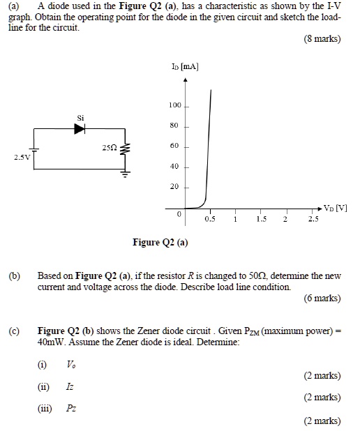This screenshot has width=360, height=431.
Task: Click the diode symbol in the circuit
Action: click(80, 128)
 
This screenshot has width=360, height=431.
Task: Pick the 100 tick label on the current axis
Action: click(174, 105)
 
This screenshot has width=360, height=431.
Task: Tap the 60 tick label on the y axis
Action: click(175, 146)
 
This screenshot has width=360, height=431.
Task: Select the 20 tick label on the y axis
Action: click(175, 187)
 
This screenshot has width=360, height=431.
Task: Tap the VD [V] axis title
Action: click(336, 209)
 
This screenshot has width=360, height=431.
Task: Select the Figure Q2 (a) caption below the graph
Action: click(160, 243)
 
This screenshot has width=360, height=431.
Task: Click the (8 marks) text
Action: click(322, 38)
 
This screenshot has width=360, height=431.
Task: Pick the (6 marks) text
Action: click(322, 298)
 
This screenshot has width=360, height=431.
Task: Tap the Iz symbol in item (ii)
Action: click(70, 386)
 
